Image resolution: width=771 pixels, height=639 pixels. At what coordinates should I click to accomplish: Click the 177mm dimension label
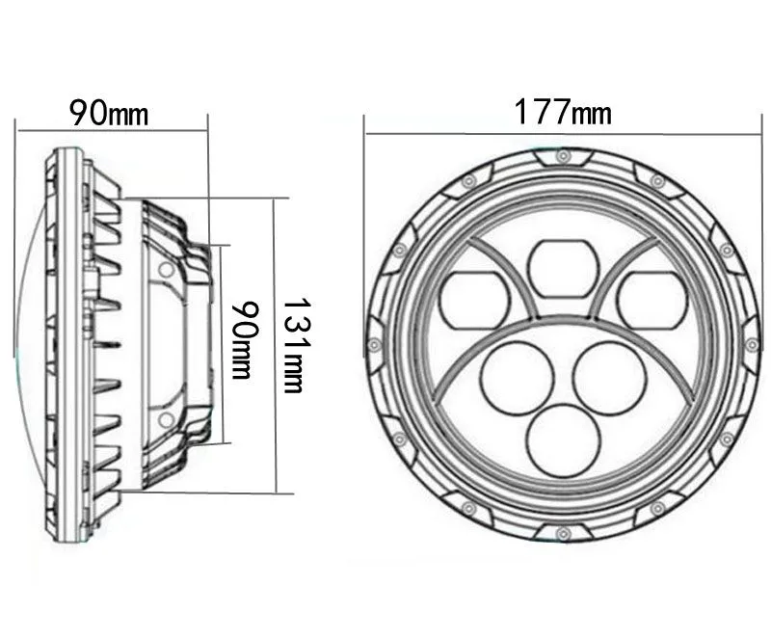[563, 112]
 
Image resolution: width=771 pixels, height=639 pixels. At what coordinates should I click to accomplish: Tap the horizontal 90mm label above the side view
[109, 113]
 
